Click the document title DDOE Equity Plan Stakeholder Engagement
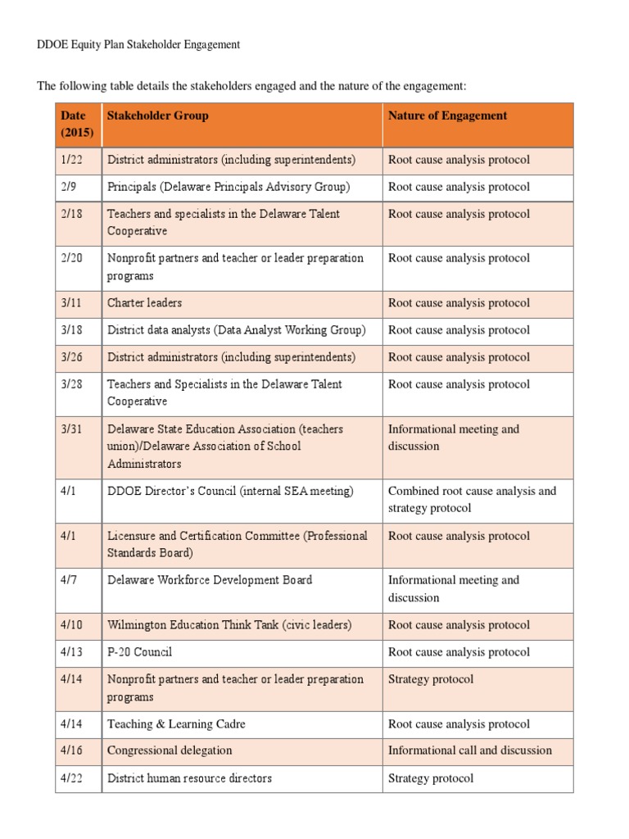(x=138, y=45)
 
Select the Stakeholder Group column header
(x=158, y=116)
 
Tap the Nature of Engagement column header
(x=447, y=116)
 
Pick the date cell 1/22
(x=72, y=160)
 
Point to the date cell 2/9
(x=70, y=187)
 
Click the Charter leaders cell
(x=145, y=303)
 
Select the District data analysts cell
(x=237, y=330)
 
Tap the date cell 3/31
(x=72, y=429)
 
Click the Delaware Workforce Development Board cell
(x=210, y=580)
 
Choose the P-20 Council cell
(x=140, y=652)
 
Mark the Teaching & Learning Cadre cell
(x=176, y=724)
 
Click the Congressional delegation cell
(x=170, y=751)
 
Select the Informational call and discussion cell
(x=470, y=751)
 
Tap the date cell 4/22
(x=72, y=778)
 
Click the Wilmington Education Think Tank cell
(x=229, y=625)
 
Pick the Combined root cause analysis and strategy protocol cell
(x=472, y=500)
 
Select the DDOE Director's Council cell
(x=230, y=492)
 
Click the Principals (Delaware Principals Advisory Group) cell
(x=229, y=187)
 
